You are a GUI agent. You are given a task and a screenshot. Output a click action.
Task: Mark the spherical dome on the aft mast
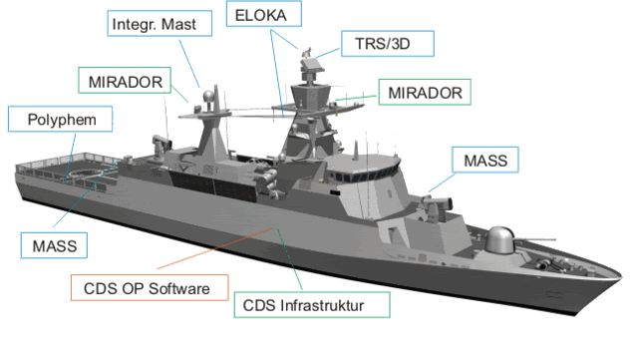coord(206,99)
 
